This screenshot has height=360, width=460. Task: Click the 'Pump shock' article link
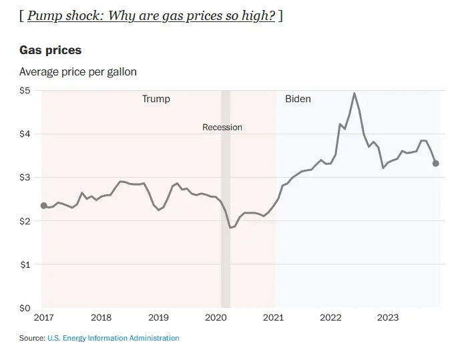tap(151, 16)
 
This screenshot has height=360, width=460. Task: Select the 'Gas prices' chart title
tap(50, 51)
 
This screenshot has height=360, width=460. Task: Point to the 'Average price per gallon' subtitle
tap(77, 71)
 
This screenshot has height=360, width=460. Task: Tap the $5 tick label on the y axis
tap(25, 90)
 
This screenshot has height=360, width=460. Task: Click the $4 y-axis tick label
tap(25, 134)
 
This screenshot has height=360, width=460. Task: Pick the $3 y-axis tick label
tap(25, 178)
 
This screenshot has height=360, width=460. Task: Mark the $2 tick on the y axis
tap(25, 221)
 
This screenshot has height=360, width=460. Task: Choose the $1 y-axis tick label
tap(25, 264)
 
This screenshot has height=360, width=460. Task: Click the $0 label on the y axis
tap(25, 309)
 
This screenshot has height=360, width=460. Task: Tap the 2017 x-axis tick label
tap(43, 318)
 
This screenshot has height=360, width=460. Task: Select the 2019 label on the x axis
tap(158, 318)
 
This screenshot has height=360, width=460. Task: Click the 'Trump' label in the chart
tap(156, 99)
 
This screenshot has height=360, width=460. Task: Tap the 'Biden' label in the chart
tap(298, 99)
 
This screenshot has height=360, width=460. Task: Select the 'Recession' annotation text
tap(222, 127)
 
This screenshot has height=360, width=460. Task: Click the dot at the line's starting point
tap(44, 206)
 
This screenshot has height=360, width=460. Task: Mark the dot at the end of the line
tap(436, 163)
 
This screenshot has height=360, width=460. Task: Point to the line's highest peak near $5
tap(354, 94)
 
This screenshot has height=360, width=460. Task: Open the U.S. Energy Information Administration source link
tap(113, 338)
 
